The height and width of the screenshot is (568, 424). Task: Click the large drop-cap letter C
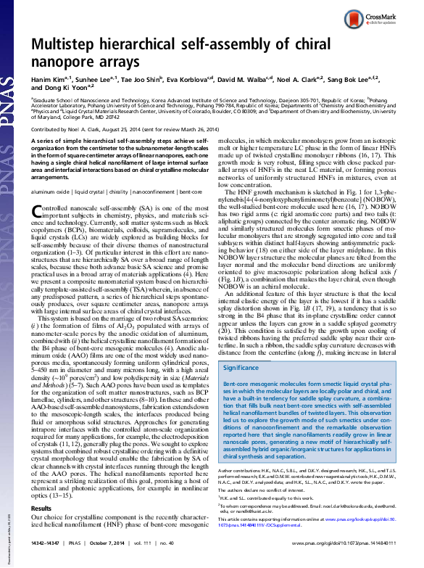(x=39, y=212)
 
